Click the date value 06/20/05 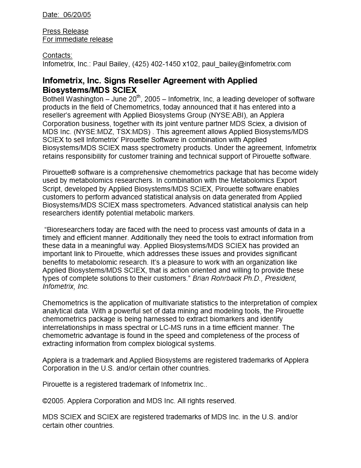(77, 15)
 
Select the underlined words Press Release (66, 31)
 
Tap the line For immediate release (78, 39)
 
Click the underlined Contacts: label (57, 55)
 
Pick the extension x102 (191, 64)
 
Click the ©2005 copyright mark (54, 401)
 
